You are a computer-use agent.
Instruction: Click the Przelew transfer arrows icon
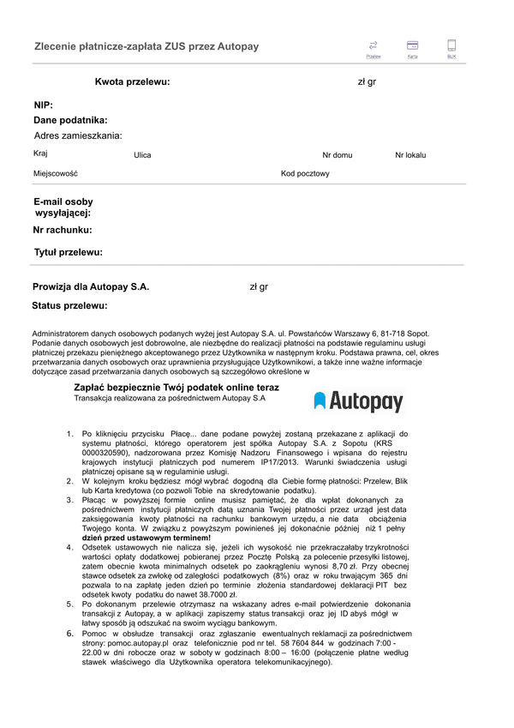(373, 45)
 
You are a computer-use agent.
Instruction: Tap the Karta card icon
(412, 45)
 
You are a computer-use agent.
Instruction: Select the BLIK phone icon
(451, 45)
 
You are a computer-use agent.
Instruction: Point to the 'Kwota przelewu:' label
(132, 82)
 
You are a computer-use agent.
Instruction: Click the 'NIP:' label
(43, 105)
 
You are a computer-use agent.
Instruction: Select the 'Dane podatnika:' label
(70, 121)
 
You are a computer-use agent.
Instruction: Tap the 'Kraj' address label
(40, 153)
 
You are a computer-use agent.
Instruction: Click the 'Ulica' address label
(142, 155)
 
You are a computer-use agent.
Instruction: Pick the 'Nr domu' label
(337, 155)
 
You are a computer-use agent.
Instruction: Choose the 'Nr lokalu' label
(410, 155)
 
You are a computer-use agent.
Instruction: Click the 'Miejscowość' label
(56, 174)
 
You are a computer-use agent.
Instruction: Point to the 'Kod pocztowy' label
(305, 174)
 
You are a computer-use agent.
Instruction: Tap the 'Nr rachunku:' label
(63, 230)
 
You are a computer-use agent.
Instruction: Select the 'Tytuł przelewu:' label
(69, 252)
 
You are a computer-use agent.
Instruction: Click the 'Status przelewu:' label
(69, 305)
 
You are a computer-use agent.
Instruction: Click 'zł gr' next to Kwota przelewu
(367, 82)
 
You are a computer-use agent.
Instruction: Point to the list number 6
(70, 633)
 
